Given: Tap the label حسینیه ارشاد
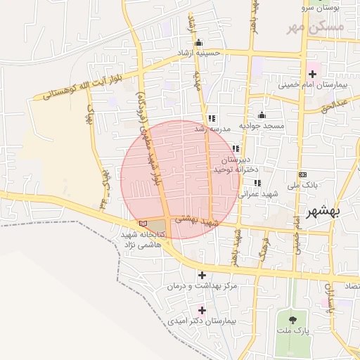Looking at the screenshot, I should pyautogui.click(x=202, y=53).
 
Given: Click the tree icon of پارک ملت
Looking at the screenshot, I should pyautogui.click(x=285, y=320).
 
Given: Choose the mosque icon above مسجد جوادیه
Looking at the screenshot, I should pyautogui.click(x=262, y=115).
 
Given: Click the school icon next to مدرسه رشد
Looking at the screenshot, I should pyautogui.click(x=212, y=118).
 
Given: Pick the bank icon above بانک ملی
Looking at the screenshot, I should pyautogui.click(x=302, y=174).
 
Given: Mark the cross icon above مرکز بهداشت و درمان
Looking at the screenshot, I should pyautogui.click(x=202, y=275).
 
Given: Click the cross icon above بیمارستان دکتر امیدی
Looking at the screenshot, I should pyautogui.click(x=202, y=309).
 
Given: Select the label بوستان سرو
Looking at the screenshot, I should pyautogui.click(x=321, y=7).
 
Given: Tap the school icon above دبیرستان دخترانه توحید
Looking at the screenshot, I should pyautogui.click(x=236, y=148).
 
